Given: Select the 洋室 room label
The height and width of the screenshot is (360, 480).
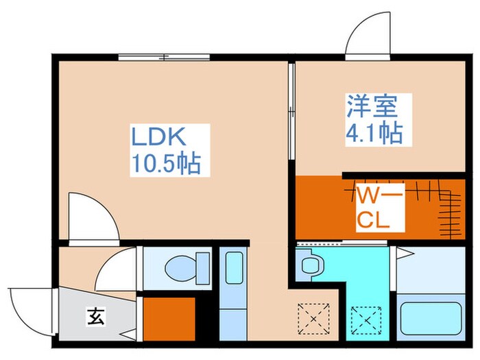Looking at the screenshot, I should [x=369, y=107].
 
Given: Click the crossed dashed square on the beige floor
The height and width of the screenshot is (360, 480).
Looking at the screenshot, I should [x=309, y=317].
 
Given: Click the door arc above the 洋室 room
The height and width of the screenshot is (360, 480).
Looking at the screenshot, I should [x=365, y=34].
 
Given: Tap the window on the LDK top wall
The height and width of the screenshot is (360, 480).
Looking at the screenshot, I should [x=164, y=57].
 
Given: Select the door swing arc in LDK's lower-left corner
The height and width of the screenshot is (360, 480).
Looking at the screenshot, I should [x=91, y=219].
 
